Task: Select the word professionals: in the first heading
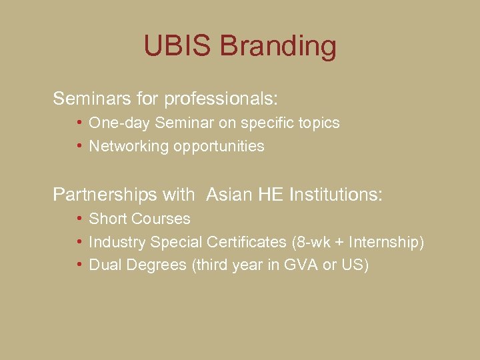[221, 99]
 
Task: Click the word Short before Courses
[107, 219]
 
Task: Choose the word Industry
[117, 242]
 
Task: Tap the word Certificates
[247, 242]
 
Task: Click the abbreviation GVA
[301, 265]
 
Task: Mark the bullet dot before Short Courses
[79, 218]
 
